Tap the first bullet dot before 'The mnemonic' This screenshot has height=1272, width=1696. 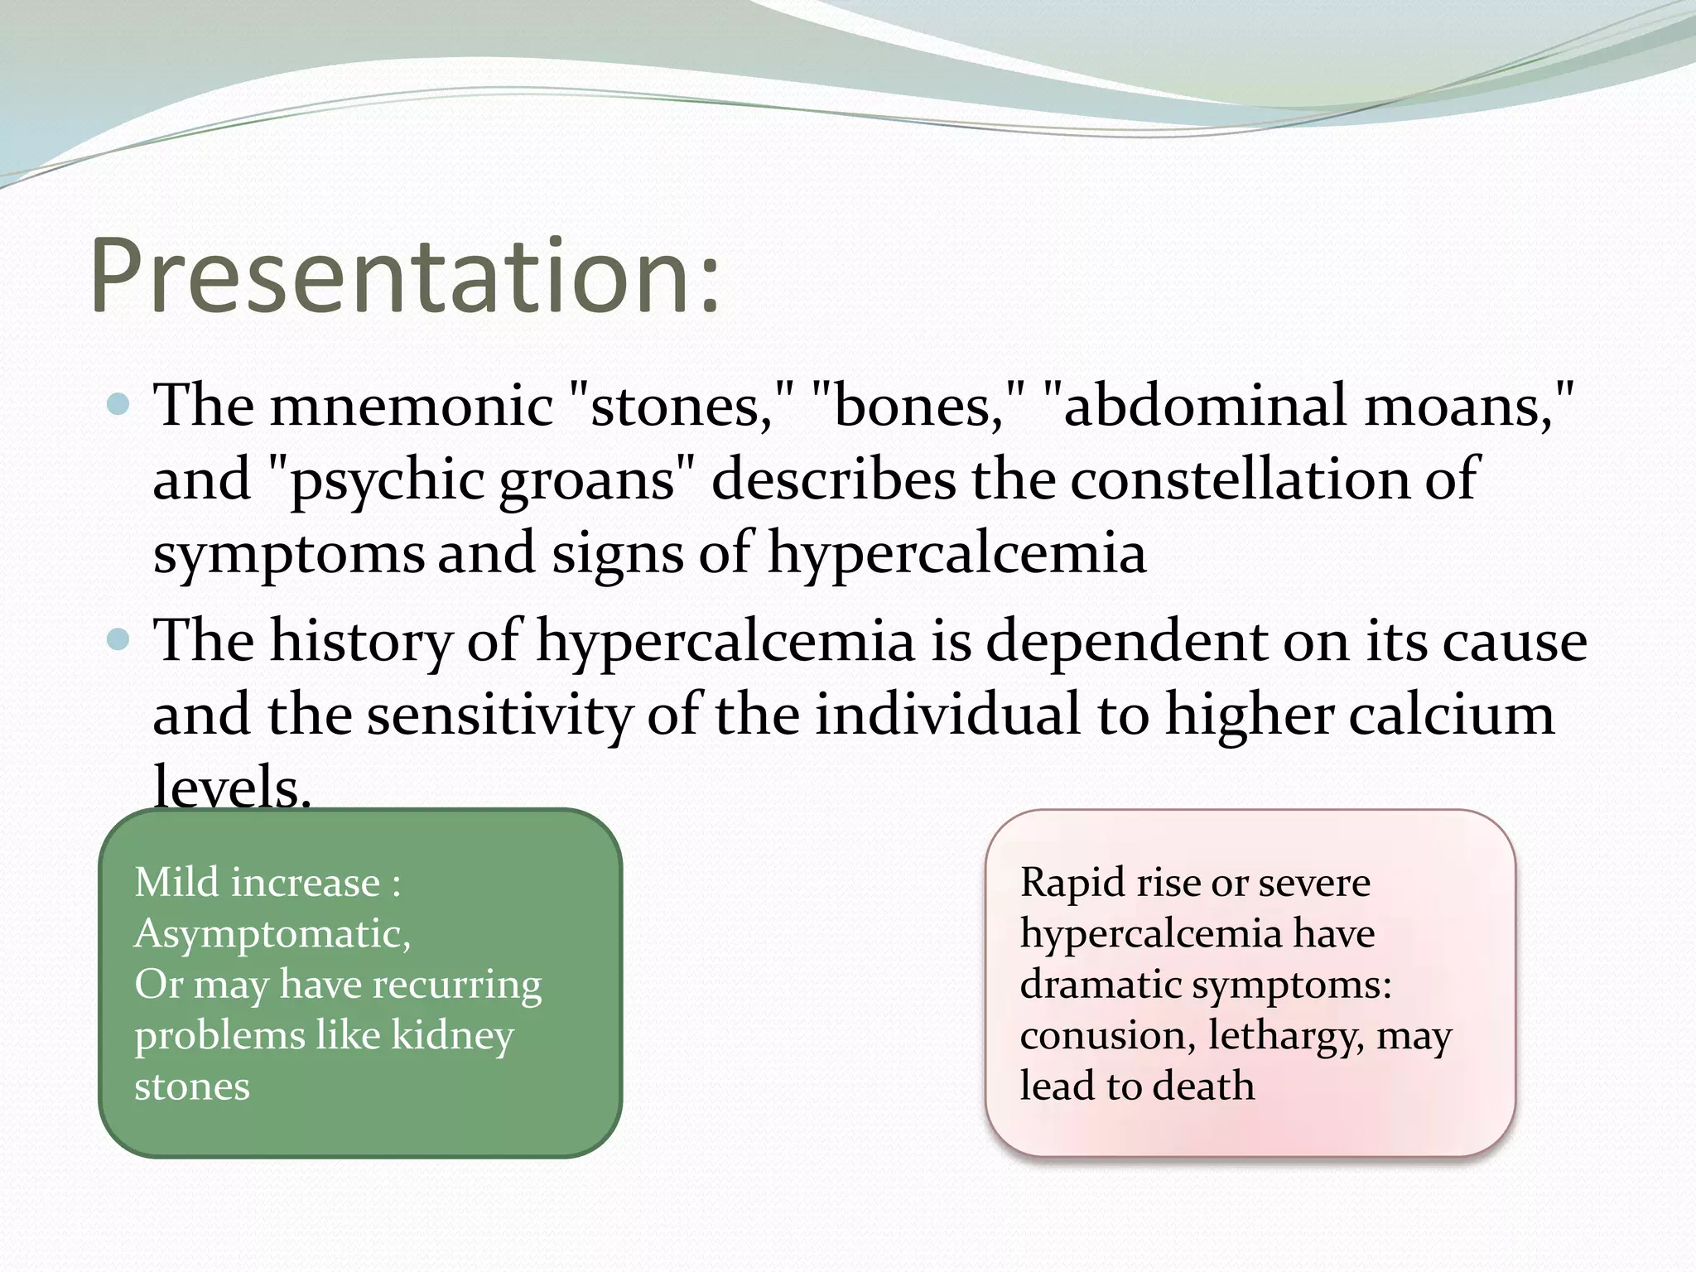(x=119, y=405)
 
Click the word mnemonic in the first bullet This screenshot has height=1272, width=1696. (x=411, y=407)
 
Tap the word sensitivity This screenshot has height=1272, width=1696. (x=499, y=715)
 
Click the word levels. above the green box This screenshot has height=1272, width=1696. (x=232, y=788)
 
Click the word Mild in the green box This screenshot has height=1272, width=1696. (x=175, y=883)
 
